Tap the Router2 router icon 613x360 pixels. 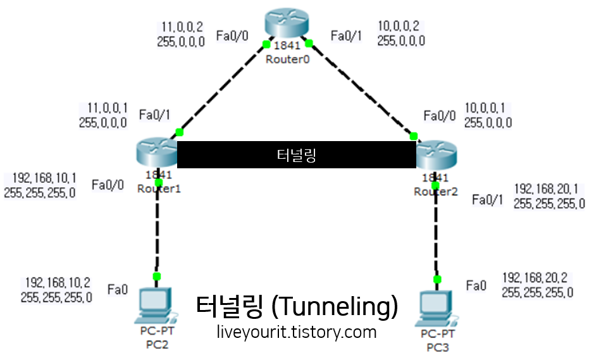click(436, 154)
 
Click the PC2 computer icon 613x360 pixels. click(156, 304)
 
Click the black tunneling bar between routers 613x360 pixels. click(296, 155)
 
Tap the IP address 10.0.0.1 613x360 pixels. click(488, 108)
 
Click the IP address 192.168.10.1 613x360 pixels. click(40, 178)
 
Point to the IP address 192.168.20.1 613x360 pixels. click(549, 189)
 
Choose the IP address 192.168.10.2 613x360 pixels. click(57, 282)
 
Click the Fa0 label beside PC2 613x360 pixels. click(118, 290)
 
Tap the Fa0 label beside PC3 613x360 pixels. click(476, 286)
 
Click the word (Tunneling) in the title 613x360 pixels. click(333, 307)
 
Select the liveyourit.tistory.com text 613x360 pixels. click(296, 332)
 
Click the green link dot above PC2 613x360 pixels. click(156, 276)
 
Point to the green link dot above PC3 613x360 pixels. click(437, 279)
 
